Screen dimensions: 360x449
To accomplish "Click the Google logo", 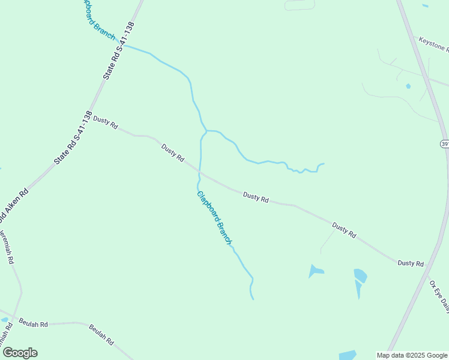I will (x=20, y=353).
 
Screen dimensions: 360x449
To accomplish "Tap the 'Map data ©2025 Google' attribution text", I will (x=412, y=355).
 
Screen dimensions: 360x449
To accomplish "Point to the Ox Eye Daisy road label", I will (x=439, y=294).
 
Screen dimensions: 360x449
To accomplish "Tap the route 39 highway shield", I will (x=445, y=144).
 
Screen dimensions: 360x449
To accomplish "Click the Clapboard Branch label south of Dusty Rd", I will (x=214, y=217).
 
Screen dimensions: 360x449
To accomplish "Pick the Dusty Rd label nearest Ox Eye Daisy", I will (x=411, y=263).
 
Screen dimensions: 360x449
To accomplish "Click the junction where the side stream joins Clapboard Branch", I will (x=206, y=131).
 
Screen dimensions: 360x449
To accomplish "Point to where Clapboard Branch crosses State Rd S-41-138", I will (x=124, y=46).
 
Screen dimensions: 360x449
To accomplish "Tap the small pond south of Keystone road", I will (x=408, y=86).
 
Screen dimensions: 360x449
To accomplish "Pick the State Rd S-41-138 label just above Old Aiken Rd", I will (x=73, y=139).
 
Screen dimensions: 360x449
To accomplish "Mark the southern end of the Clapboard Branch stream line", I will (x=253, y=299).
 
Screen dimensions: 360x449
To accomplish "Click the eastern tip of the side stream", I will (x=324, y=163).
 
